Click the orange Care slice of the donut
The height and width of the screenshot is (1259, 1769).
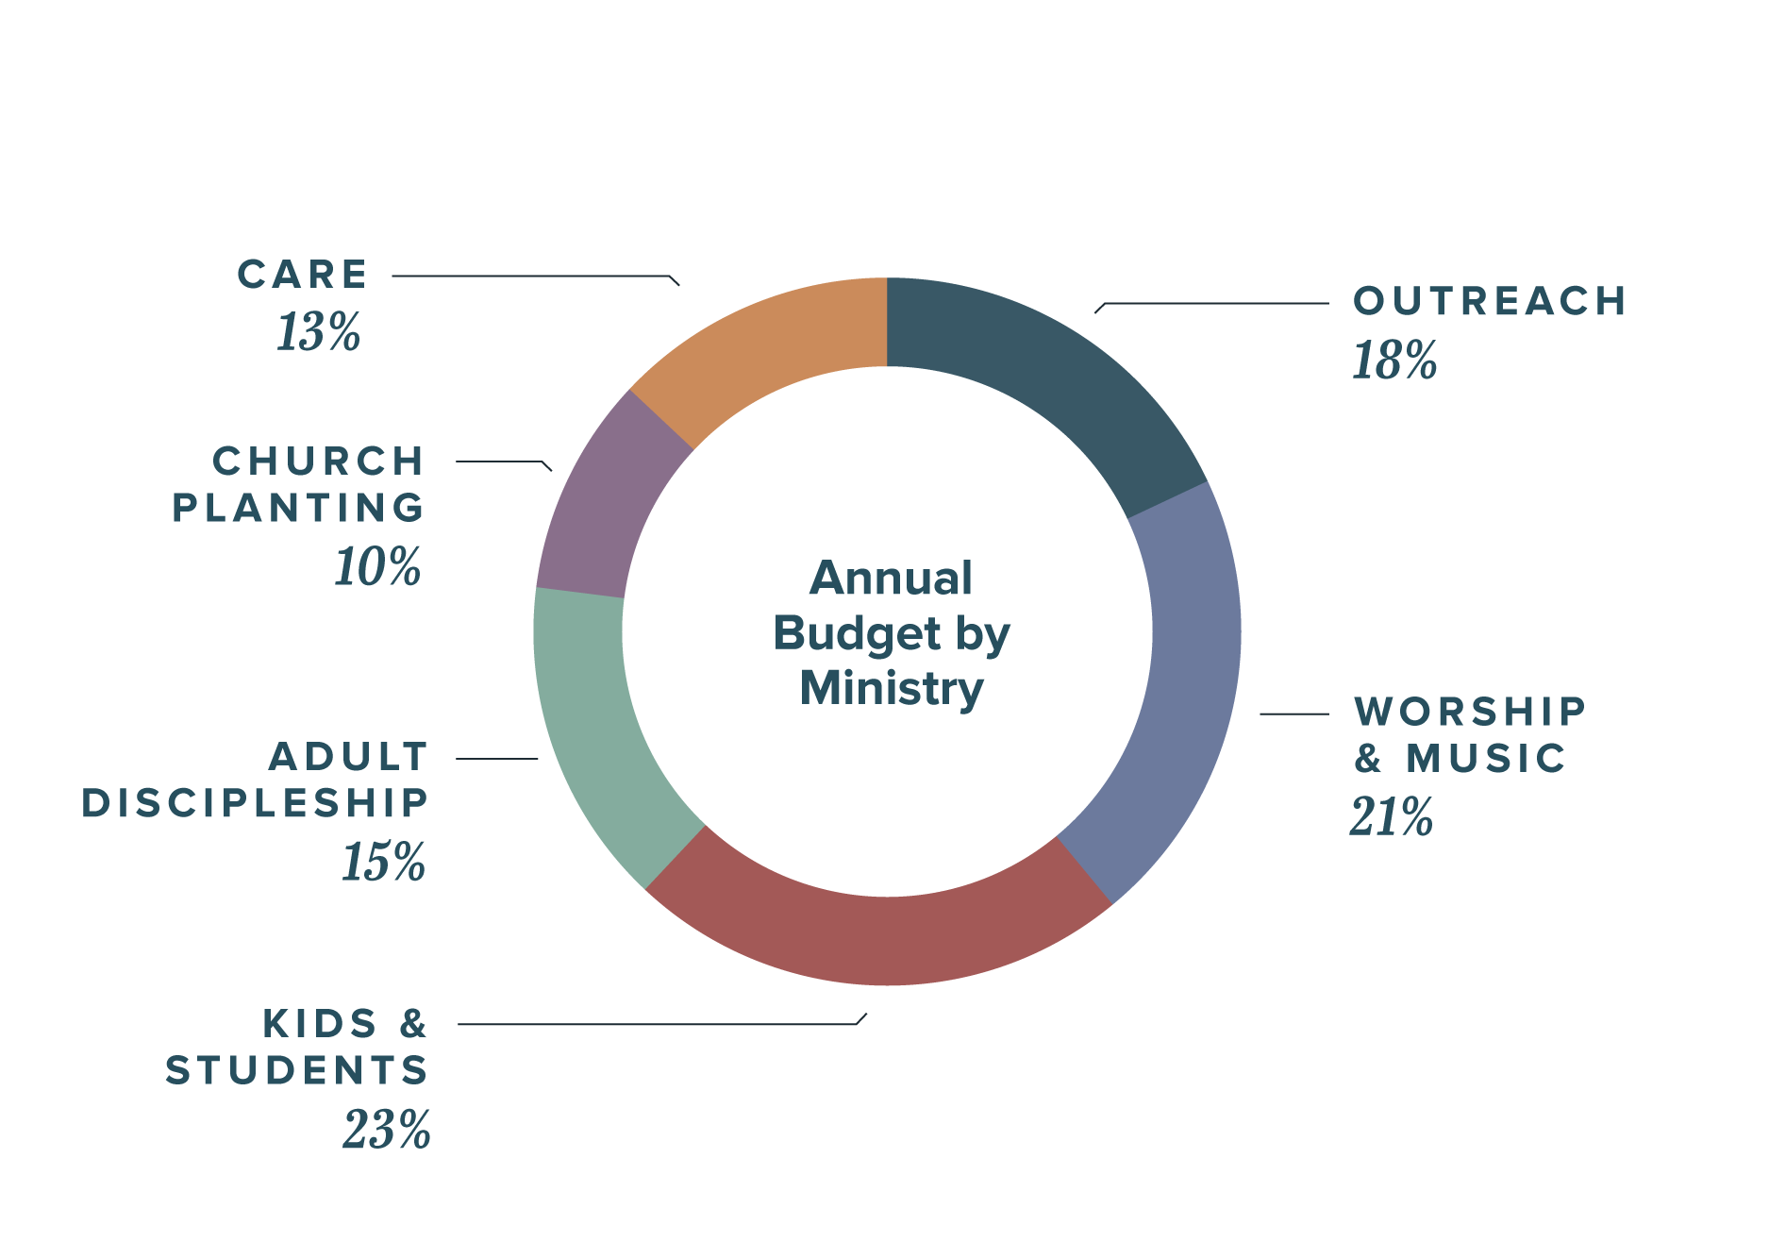(774, 349)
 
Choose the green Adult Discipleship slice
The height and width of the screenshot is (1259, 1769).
(604, 727)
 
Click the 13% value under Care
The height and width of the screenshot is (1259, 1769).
(318, 332)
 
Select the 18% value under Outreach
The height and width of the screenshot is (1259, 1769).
(1394, 361)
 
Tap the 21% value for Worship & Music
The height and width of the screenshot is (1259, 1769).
(1392, 816)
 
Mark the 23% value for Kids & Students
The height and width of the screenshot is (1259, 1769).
(387, 1130)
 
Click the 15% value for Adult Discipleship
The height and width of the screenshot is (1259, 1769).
(384, 862)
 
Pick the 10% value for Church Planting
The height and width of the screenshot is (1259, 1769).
(378, 566)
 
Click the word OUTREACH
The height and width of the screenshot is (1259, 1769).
(1490, 302)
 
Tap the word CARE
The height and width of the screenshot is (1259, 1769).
(302, 275)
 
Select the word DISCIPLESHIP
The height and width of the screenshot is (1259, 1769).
(256, 803)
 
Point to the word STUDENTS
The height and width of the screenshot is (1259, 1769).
(297, 1070)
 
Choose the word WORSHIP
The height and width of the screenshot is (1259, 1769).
(1470, 712)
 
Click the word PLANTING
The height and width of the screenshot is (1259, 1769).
(298, 508)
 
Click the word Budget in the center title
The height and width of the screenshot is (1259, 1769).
(857, 634)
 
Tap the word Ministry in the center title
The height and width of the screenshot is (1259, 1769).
(892, 688)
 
